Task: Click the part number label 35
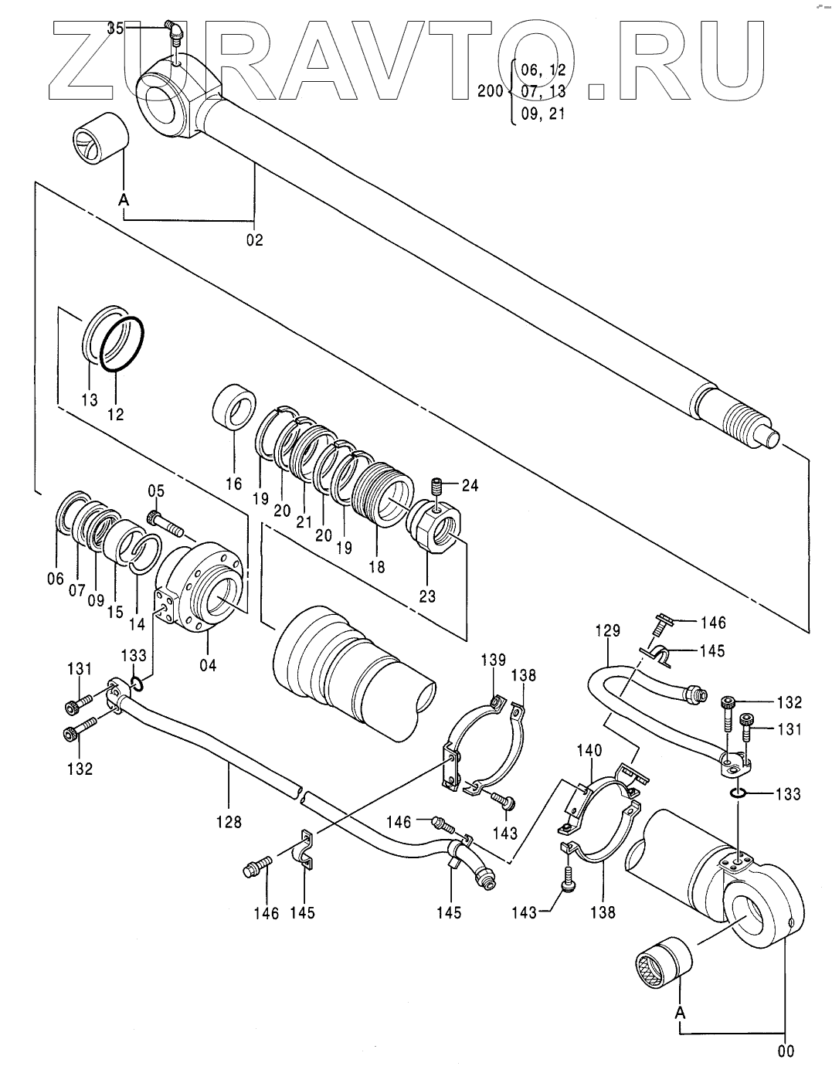tap(115, 29)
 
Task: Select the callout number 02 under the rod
tap(255, 240)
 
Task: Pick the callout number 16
tap(234, 483)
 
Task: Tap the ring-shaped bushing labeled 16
tap(234, 409)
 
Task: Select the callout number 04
tap(208, 665)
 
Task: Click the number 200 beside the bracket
tap(491, 91)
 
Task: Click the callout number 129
tap(607, 630)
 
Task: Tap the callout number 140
tap(589, 751)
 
